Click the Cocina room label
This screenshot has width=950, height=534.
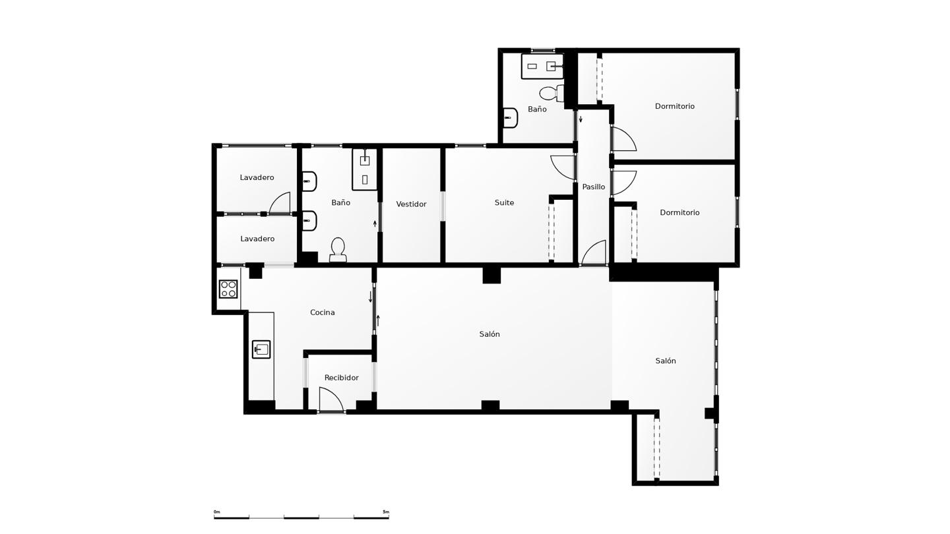pos(323,312)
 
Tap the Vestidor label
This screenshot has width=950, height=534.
pos(411,204)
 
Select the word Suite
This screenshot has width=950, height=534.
pos(504,202)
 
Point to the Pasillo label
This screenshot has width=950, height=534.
pos(593,187)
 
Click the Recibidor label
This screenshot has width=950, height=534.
pos(342,378)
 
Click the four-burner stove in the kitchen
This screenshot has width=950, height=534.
pos(228,289)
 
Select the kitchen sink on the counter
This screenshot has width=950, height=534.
pos(261,349)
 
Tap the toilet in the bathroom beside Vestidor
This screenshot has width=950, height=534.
pos(338,250)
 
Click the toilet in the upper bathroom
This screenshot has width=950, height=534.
pos(552,92)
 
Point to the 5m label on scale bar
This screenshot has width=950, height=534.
pos(385,512)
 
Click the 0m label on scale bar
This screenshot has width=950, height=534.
pos(216,512)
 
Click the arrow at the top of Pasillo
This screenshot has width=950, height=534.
pos(581,119)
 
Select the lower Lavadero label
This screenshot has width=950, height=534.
pos(257,239)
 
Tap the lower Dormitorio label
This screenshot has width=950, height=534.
pos(680,213)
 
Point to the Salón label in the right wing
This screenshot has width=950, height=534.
pos(666,361)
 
